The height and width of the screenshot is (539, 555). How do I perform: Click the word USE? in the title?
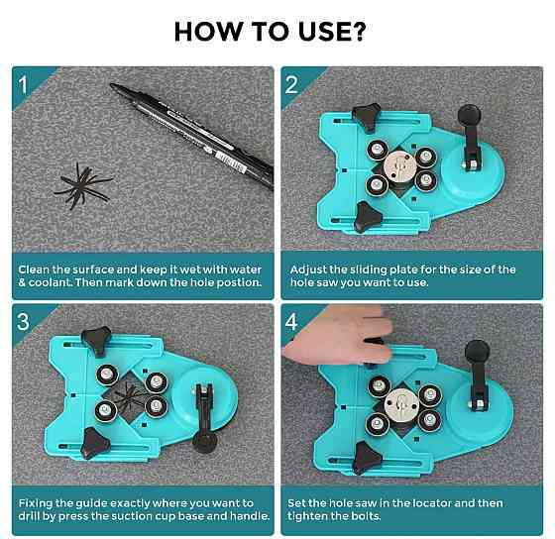coord(331,31)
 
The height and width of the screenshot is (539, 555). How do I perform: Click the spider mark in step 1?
coord(83,186)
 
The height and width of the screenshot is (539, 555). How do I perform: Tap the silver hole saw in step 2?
coord(400,167)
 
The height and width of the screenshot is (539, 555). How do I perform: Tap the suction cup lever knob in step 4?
coord(477,352)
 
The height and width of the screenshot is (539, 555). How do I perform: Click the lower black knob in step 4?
coord(367,458)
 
